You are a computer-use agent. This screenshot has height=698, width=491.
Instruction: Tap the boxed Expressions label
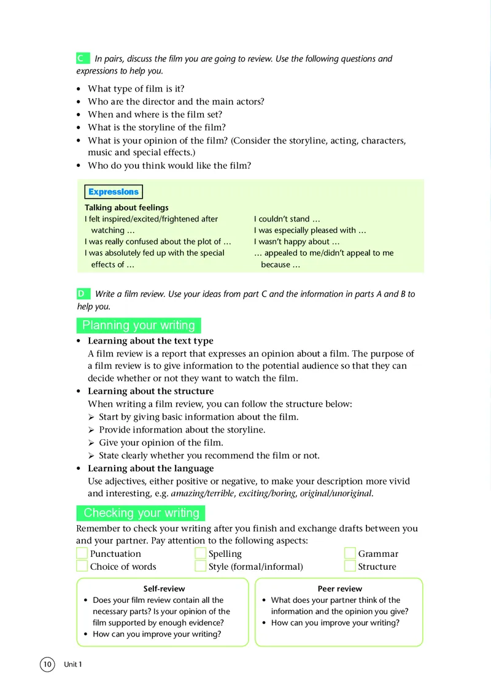pyautogui.click(x=114, y=192)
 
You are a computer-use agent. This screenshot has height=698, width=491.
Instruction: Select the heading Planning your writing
pyautogui.click(x=139, y=325)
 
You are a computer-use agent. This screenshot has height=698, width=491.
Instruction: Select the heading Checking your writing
pyautogui.click(x=141, y=513)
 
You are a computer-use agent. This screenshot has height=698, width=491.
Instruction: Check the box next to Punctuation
pyautogui.click(x=82, y=554)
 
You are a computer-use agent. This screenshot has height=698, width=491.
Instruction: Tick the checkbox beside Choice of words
pyautogui.click(x=82, y=567)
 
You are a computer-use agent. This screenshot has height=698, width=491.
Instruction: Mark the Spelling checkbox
pyautogui.click(x=200, y=554)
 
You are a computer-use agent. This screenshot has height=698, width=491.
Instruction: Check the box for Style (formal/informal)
pyautogui.click(x=200, y=567)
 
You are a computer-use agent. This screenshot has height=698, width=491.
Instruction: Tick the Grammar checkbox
pyautogui.click(x=350, y=554)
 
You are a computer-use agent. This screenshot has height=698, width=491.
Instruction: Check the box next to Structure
pyautogui.click(x=350, y=567)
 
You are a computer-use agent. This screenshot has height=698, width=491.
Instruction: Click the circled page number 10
pyautogui.click(x=48, y=664)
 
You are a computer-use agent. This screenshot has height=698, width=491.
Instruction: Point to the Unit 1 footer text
pyautogui.click(x=72, y=665)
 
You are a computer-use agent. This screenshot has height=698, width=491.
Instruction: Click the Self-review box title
pyautogui.click(x=164, y=589)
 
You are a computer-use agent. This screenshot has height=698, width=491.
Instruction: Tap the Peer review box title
pyautogui.click(x=340, y=589)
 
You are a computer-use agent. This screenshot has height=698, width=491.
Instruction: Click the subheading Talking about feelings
pyautogui.click(x=126, y=207)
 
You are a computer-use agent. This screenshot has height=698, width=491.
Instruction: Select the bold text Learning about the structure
pyautogui.click(x=151, y=391)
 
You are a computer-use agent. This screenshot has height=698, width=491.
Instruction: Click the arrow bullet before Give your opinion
pyautogui.click(x=91, y=443)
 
